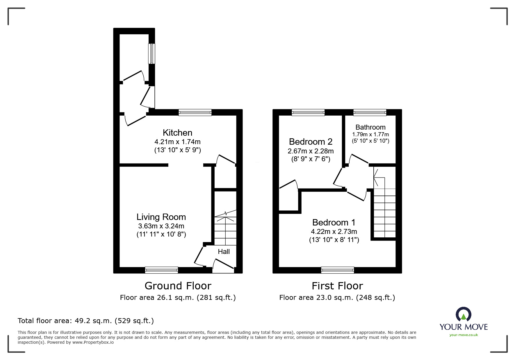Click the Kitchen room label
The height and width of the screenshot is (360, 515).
click(x=177, y=133)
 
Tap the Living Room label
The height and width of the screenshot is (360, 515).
click(x=161, y=217)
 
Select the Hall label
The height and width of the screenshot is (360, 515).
click(x=224, y=252)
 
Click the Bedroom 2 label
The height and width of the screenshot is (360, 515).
click(x=311, y=142)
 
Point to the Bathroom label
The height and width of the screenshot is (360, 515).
click(x=370, y=127)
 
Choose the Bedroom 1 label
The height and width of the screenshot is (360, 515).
click(x=334, y=223)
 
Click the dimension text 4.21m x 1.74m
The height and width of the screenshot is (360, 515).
click(x=177, y=142)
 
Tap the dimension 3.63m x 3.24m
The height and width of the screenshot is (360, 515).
click(x=161, y=226)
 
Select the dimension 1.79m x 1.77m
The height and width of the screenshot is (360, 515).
click(x=370, y=135)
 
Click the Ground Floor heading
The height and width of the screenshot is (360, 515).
click(x=178, y=286)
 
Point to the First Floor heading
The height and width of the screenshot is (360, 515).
click(x=337, y=286)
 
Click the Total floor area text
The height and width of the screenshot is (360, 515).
click(x=86, y=321)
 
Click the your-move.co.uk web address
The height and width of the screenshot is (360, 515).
click(x=464, y=335)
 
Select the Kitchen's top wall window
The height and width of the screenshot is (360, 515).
click(x=195, y=112)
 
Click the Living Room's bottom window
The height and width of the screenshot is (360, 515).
click(x=161, y=270)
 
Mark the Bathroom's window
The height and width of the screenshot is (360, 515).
click(x=370, y=112)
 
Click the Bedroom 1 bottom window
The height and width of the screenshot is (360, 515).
click(x=337, y=270)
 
